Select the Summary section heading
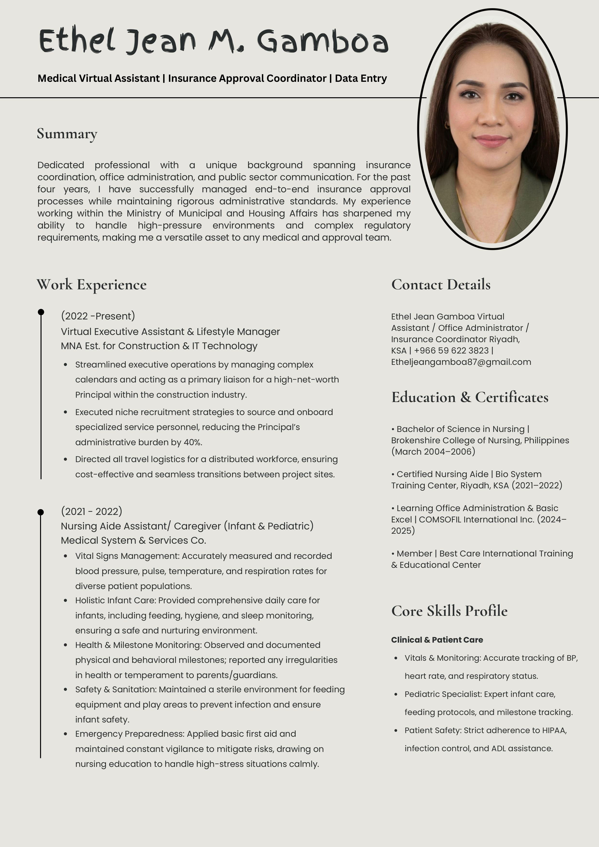(67, 133)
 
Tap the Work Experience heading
(91, 285)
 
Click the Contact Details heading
(441, 285)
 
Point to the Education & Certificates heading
(470, 397)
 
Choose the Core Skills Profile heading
(449, 611)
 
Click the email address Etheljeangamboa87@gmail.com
(461, 362)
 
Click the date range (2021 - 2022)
(91, 511)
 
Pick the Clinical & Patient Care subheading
(437, 640)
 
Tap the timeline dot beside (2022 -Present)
(41, 312)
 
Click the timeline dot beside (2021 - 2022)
(41, 512)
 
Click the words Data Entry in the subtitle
(361, 78)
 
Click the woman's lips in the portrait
(491, 140)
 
